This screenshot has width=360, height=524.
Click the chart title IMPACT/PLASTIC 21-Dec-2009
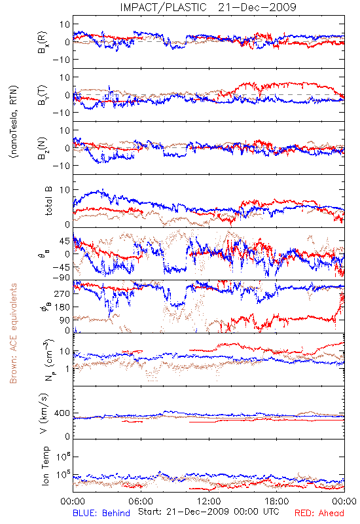208,7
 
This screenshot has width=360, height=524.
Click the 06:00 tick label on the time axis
141,501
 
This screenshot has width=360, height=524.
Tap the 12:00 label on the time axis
209,501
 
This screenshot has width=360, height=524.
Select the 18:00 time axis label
277,501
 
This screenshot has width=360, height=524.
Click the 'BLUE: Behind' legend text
101,513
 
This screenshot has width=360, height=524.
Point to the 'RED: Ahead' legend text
319,513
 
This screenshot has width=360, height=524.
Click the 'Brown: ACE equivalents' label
13,333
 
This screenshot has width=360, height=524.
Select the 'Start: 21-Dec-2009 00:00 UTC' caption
208,512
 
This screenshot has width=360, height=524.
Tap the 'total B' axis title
48,201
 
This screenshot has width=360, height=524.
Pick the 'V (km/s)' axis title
44,413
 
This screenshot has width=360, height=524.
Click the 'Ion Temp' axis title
45,466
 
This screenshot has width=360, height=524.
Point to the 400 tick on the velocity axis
62,413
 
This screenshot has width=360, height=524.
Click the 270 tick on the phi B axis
62,293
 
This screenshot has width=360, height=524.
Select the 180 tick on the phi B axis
62,307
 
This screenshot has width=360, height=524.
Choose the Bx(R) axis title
43,42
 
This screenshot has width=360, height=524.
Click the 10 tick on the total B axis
65,190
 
